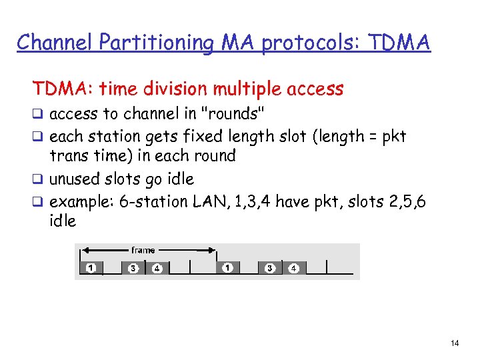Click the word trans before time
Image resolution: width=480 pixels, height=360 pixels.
pos(70,156)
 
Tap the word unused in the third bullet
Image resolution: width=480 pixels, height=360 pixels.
pos(76,179)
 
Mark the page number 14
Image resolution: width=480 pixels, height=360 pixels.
pos(455,343)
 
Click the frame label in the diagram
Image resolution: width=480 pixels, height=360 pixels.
pos(143,251)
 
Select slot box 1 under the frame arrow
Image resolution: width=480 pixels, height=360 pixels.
pos(90,268)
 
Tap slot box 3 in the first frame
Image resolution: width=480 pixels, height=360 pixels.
pos(133,268)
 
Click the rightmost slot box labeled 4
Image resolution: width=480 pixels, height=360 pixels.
pos(293,268)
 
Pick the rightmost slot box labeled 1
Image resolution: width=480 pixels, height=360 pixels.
pos(227,268)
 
